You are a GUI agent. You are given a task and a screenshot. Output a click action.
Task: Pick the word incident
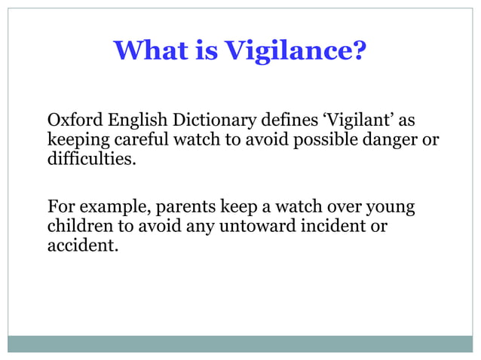click(x=329, y=226)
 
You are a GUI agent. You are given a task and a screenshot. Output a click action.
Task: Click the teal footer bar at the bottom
click(x=240, y=343)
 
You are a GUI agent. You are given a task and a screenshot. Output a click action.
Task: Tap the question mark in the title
click(x=360, y=50)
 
